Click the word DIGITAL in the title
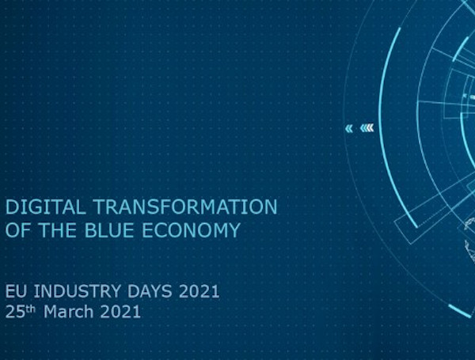coord(45,207)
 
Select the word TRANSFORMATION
coord(185,207)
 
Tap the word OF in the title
coord(19,229)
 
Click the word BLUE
coord(109,229)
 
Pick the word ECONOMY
coord(191,229)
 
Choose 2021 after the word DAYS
coord(199,291)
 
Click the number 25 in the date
coord(15,312)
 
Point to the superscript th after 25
coord(30,309)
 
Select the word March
coord(68,312)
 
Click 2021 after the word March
coord(120,312)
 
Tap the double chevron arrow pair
coord(349,129)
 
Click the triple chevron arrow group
coord(367,128)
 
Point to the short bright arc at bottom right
coord(460,311)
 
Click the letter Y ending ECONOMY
coord(234,229)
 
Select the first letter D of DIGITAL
coord(12,207)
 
